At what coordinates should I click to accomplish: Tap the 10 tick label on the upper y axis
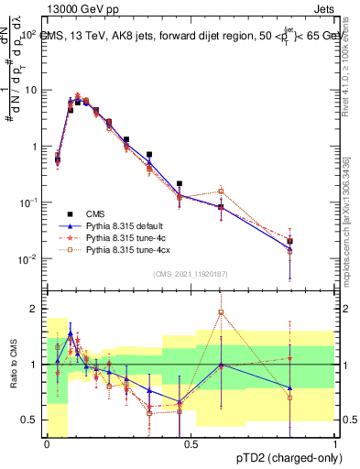[x=30, y=90]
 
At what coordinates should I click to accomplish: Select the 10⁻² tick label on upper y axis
[x=28, y=259]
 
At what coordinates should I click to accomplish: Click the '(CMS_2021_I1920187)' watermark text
[x=191, y=272]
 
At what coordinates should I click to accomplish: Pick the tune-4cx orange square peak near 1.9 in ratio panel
[x=221, y=312]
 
